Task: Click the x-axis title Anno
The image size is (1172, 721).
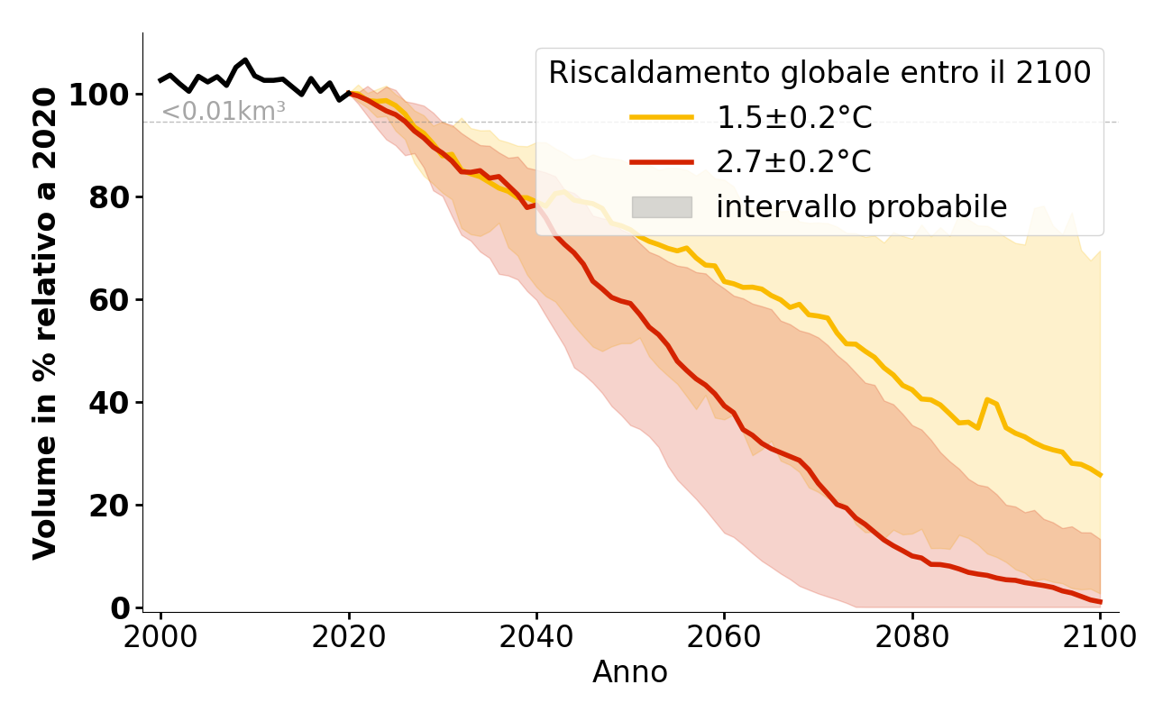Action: click(630, 672)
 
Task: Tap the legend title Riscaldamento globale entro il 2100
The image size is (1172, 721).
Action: click(819, 73)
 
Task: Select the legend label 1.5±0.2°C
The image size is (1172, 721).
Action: click(794, 117)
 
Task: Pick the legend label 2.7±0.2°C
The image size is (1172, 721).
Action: click(794, 162)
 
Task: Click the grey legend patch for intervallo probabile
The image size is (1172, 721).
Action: click(662, 207)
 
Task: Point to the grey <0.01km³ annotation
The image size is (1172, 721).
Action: click(224, 113)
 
